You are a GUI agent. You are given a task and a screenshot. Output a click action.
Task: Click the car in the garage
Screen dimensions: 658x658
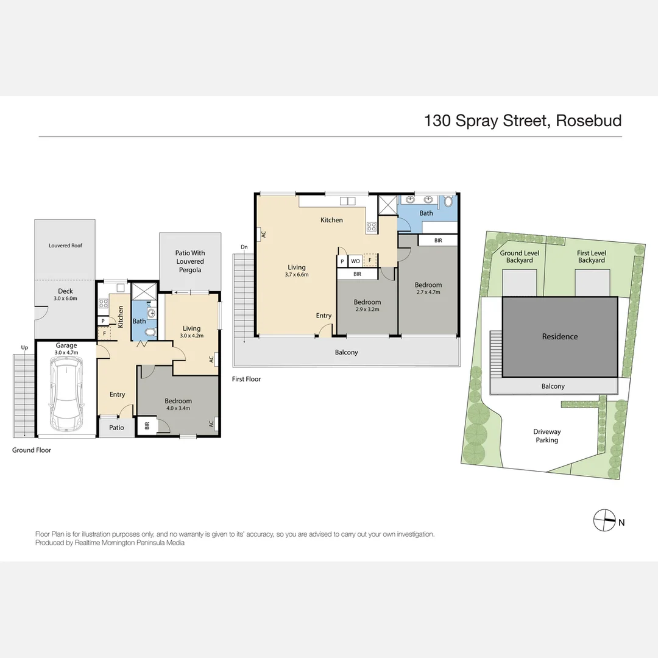(x=66, y=394)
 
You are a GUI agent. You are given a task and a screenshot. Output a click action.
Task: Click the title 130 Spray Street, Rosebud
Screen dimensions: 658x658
(x=523, y=121)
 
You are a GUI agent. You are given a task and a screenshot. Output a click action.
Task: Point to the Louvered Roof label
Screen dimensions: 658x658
(x=65, y=246)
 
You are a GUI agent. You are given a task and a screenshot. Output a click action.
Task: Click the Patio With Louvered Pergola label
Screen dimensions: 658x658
(x=190, y=261)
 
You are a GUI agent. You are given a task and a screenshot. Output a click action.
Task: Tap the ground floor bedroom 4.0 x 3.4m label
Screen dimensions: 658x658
(x=177, y=405)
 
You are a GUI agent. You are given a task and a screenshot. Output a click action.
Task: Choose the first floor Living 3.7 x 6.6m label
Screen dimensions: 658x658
(x=297, y=271)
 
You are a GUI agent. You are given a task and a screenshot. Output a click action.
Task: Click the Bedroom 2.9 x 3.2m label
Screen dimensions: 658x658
(x=367, y=306)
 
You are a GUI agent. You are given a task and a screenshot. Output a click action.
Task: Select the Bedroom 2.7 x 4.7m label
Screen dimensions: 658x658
(x=428, y=288)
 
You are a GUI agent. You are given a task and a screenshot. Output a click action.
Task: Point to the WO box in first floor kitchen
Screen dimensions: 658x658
(x=355, y=261)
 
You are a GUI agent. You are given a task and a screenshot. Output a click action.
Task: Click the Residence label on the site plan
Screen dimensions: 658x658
(x=560, y=336)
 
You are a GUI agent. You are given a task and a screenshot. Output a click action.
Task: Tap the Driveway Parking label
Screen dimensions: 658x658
(x=547, y=436)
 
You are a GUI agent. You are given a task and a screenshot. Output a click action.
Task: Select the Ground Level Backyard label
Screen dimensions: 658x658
(x=519, y=256)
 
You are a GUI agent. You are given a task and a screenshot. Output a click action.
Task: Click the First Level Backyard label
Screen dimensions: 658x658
(x=591, y=256)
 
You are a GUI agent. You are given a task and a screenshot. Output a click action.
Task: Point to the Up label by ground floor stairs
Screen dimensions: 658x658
(x=24, y=348)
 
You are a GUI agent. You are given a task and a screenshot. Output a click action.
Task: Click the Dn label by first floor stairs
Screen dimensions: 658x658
(x=244, y=247)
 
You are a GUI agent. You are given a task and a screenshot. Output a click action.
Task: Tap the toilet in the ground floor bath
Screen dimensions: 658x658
(x=150, y=332)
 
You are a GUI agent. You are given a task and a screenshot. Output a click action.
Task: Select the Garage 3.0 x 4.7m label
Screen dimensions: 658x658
(x=66, y=348)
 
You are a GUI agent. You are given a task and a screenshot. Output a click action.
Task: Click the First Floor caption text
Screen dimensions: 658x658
(x=246, y=379)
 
